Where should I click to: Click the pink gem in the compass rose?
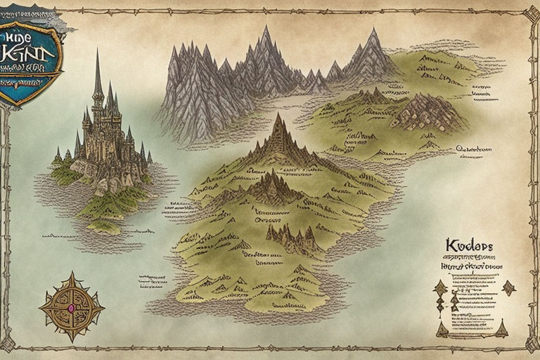(72, 307)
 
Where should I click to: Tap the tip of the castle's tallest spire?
(97, 51)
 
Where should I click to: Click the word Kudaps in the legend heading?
(469, 245)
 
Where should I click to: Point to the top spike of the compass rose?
(72, 274)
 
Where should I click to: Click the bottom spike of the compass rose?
(72, 342)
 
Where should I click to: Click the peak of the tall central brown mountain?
(279, 115)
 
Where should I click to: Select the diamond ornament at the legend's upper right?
(508, 286)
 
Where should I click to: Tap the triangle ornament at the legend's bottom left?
(442, 328)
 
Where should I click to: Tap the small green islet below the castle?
(103, 227)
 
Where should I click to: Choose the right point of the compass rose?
(103, 307)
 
